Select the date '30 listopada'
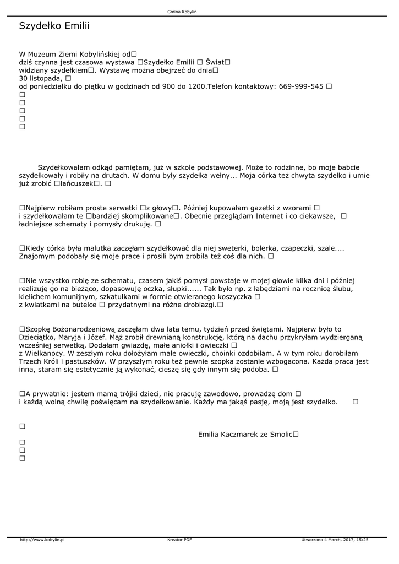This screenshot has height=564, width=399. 40,78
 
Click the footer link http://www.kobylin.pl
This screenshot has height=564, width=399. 42,540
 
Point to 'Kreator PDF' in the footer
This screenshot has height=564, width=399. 179,540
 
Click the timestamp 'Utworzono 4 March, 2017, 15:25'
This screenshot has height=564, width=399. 335,540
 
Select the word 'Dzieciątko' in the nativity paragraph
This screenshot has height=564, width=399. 39,337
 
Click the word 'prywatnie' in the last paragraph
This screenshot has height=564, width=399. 50,394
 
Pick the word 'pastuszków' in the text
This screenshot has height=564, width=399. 78,361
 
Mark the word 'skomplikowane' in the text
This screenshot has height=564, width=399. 147,216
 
